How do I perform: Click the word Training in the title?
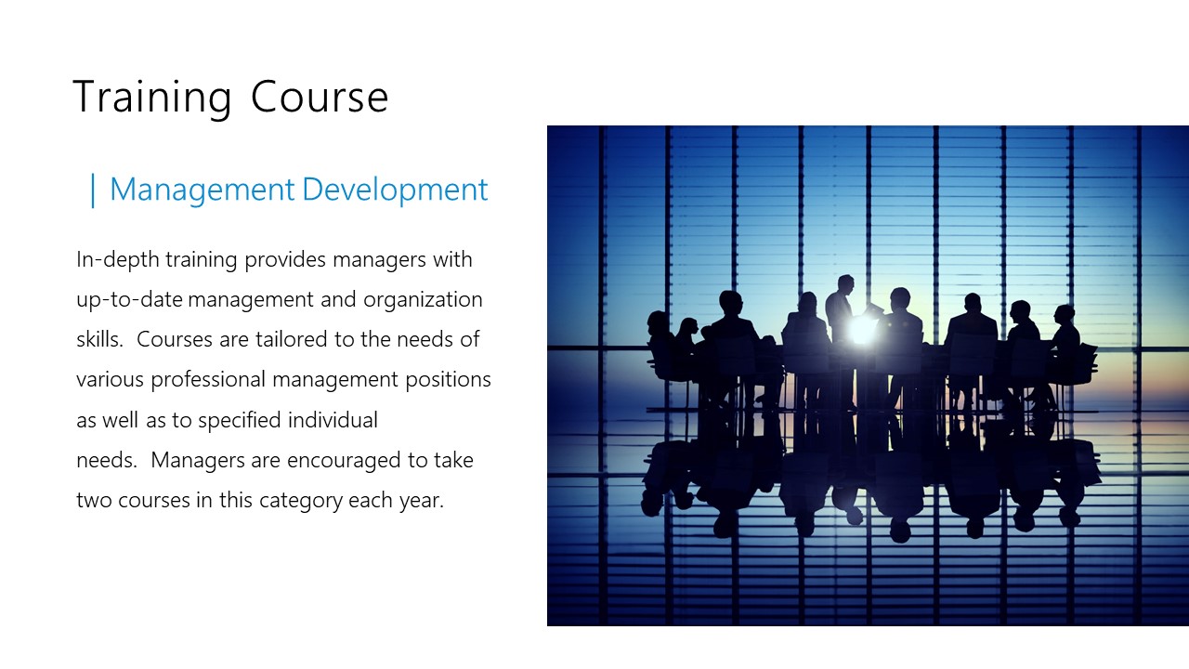tap(151, 98)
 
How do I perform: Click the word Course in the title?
tap(320, 98)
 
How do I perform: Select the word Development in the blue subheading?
tap(395, 190)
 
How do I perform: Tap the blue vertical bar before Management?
tap(93, 190)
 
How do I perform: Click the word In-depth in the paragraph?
tap(118, 260)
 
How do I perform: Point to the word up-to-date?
tap(129, 300)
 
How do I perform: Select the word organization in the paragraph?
tap(423, 300)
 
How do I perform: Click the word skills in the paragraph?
tap(98, 339)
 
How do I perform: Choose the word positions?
tap(449, 380)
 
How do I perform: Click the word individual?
tap(333, 420)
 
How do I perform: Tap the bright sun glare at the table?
tap(861, 329)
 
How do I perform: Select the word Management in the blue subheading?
tap(203, 190)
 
